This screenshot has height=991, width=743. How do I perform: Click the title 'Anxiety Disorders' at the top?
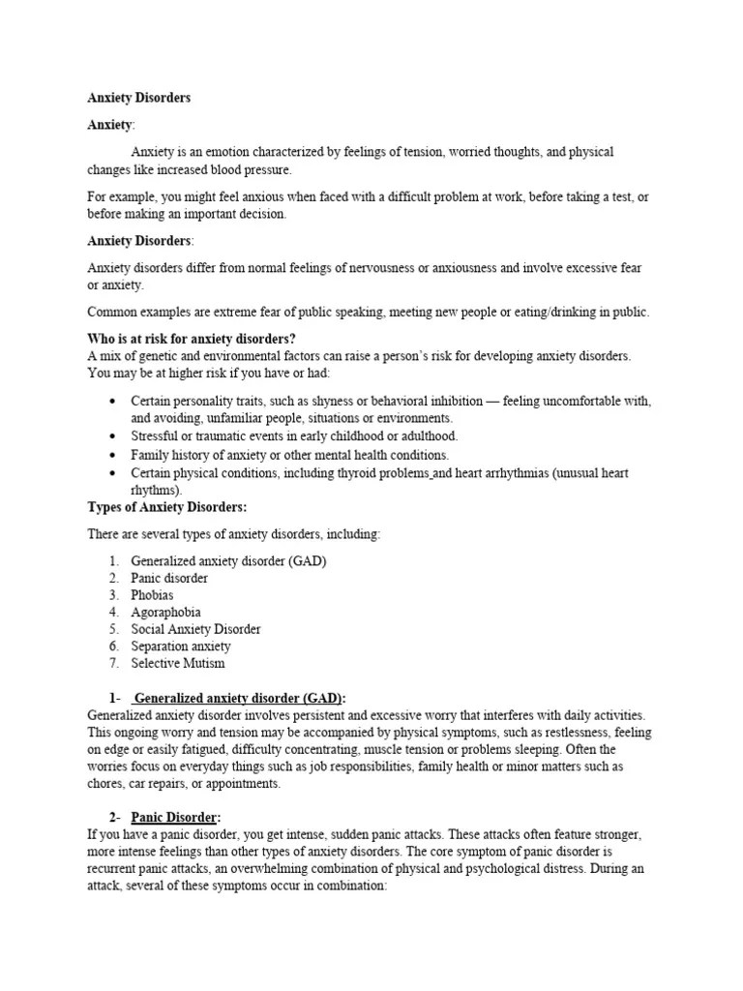[139, 98]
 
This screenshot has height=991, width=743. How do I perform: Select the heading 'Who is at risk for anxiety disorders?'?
[191, 338]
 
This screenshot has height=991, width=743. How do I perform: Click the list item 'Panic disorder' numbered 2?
[169, 578]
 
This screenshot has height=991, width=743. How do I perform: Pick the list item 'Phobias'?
[153, 595]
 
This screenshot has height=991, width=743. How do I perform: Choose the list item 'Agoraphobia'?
[165, 612]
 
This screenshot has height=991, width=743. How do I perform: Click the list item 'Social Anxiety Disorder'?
[195, 629]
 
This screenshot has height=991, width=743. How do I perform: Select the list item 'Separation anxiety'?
[181, 646]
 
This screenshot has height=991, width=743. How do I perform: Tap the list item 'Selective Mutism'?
[178, 663]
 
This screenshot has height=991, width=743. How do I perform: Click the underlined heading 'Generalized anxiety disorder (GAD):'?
[239, 698]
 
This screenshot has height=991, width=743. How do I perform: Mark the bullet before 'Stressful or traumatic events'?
[113, 436]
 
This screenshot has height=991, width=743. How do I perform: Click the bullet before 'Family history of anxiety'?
[113, 455]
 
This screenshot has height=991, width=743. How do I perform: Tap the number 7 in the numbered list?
[113, 663]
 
